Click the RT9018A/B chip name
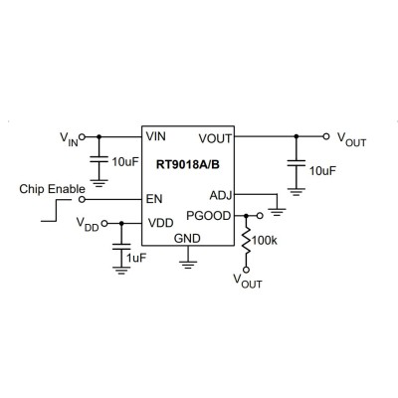click(x=188, y=164)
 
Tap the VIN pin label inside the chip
click(x=156, y=136)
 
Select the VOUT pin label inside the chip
click(x=215, y=138)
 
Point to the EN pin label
click(x=154, y=199)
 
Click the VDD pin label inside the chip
click(x=160, y=223)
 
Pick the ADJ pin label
click(x=221, y=196)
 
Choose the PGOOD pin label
click(x=209, y=216)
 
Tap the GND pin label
click(x=187, y=238)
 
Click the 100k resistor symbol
click(x=246, y=241)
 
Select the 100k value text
click(x=265, y=241)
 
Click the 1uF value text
click(x=136, y=258)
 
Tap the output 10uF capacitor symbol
click(x=297, y=162)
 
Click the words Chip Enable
click(x=52, y=189)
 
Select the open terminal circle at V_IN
click(x=83, y=136)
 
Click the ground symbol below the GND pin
click(x=188, y=265)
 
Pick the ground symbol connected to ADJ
click(x=277, y=212)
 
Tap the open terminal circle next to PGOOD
click(x=260, y=216)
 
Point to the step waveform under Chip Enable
click(x=57, y=210)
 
